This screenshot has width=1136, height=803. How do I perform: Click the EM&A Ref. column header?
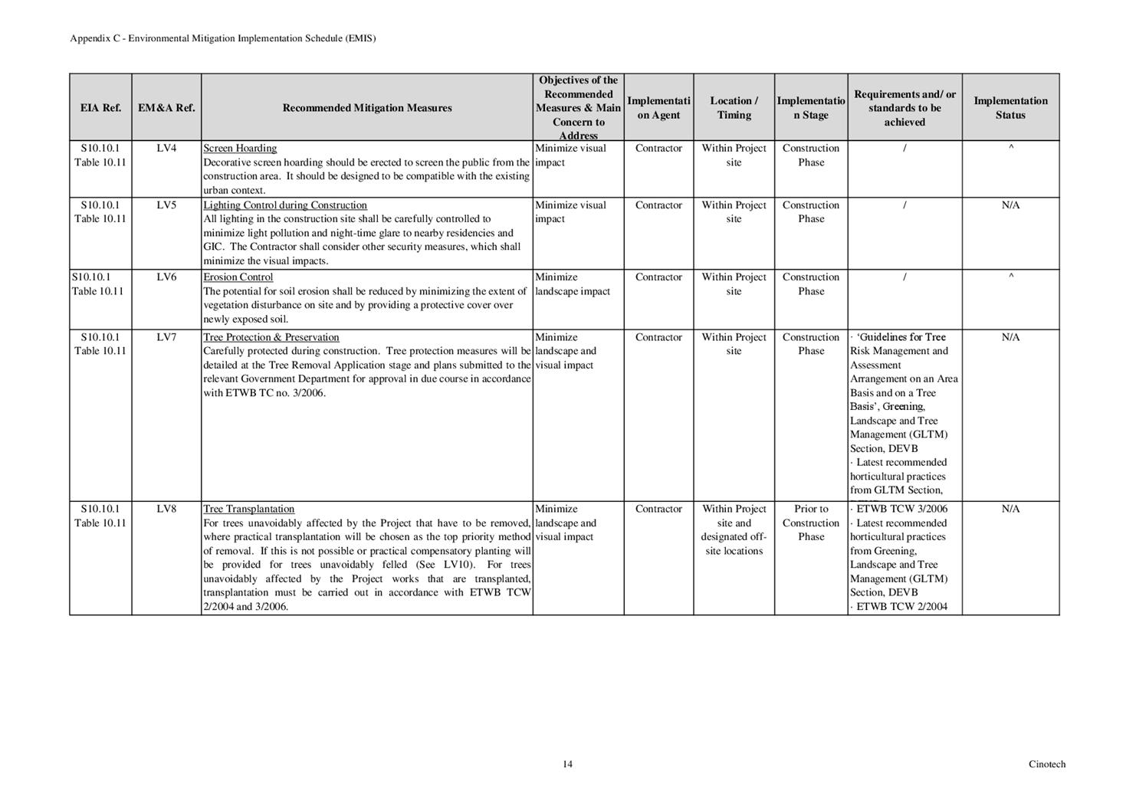[x=166, y=108]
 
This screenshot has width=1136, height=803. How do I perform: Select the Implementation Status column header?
[x=1010, y=108]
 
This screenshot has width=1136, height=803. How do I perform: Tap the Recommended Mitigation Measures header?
[x=367, y=108]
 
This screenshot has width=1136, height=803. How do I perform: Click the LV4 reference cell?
[x=166, y=149]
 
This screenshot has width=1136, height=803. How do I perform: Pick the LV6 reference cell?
[x=166, y=277]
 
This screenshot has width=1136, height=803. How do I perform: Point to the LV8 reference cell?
[x=166, y=509]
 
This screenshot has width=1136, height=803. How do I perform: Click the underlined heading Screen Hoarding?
[x=240, y=149]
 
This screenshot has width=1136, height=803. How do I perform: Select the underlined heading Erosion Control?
[x=238, y=277]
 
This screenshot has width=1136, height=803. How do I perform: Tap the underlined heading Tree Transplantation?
[x=248, y=509]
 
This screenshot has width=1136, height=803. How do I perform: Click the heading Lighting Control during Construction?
[x=285, y=205]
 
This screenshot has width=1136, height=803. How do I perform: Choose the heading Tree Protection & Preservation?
[x=271, y=337]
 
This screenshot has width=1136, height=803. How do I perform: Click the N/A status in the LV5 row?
[x=1010, y=205]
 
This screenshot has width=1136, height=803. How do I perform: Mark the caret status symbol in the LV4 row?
[x=1011, y=149]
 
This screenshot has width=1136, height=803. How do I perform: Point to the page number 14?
[x=567, y=764]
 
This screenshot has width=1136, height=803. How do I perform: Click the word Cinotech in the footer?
[x=1046, y=764]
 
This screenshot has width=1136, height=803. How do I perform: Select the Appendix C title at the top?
[x=223, y=38]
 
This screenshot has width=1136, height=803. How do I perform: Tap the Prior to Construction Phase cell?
[x=811, y=523]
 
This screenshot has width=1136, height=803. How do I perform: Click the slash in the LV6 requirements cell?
[x=905, y=277]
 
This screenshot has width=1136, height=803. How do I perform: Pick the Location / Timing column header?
[x=734, y=108]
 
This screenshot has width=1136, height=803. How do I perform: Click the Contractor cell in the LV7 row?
[x=658, y=337]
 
